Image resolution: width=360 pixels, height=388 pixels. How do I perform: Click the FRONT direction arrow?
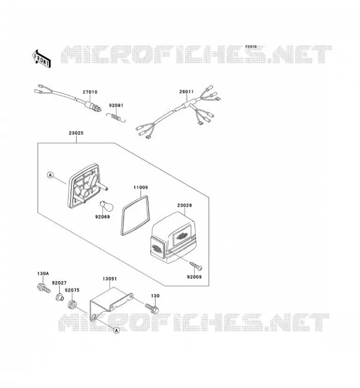(x=41, y=59)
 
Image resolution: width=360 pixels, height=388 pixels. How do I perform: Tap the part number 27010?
(x=90, y=92)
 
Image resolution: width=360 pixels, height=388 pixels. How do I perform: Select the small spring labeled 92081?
(x=116, y=117)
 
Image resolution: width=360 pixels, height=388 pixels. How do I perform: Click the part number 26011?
(x=186, y=92)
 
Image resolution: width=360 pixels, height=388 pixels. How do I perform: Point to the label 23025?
(x=76, y=133)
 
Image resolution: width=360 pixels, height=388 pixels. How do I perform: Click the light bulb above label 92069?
(x=106, y=206)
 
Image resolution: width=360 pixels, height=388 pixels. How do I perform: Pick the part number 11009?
(x=141, y=187)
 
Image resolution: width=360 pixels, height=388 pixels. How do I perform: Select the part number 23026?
(x=184, y=205)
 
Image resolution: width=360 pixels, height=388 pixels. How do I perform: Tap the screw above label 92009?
(x=196, y=265)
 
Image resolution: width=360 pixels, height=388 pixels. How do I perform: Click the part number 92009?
(x=195, y=277)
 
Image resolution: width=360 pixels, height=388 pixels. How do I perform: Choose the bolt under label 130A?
(x=44, y=288)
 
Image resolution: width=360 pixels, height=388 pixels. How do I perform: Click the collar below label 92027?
(x=59, y=297)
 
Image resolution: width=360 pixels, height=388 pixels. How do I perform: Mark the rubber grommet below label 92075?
(x=72, y=305)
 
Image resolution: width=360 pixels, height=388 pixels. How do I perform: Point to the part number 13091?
(x=110, y=278)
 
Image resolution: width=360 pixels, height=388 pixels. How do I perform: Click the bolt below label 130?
(x=152, y=308)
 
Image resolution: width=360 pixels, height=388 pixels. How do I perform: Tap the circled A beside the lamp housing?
(x=50, y=175)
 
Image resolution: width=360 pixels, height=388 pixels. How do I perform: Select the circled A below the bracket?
(x=116, y=330)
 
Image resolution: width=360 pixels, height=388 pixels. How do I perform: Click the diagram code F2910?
(x=251, y=47)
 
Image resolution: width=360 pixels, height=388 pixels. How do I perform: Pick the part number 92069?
(x=102, y=217)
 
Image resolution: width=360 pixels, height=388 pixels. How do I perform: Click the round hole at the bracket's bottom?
(x=94, y=317)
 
